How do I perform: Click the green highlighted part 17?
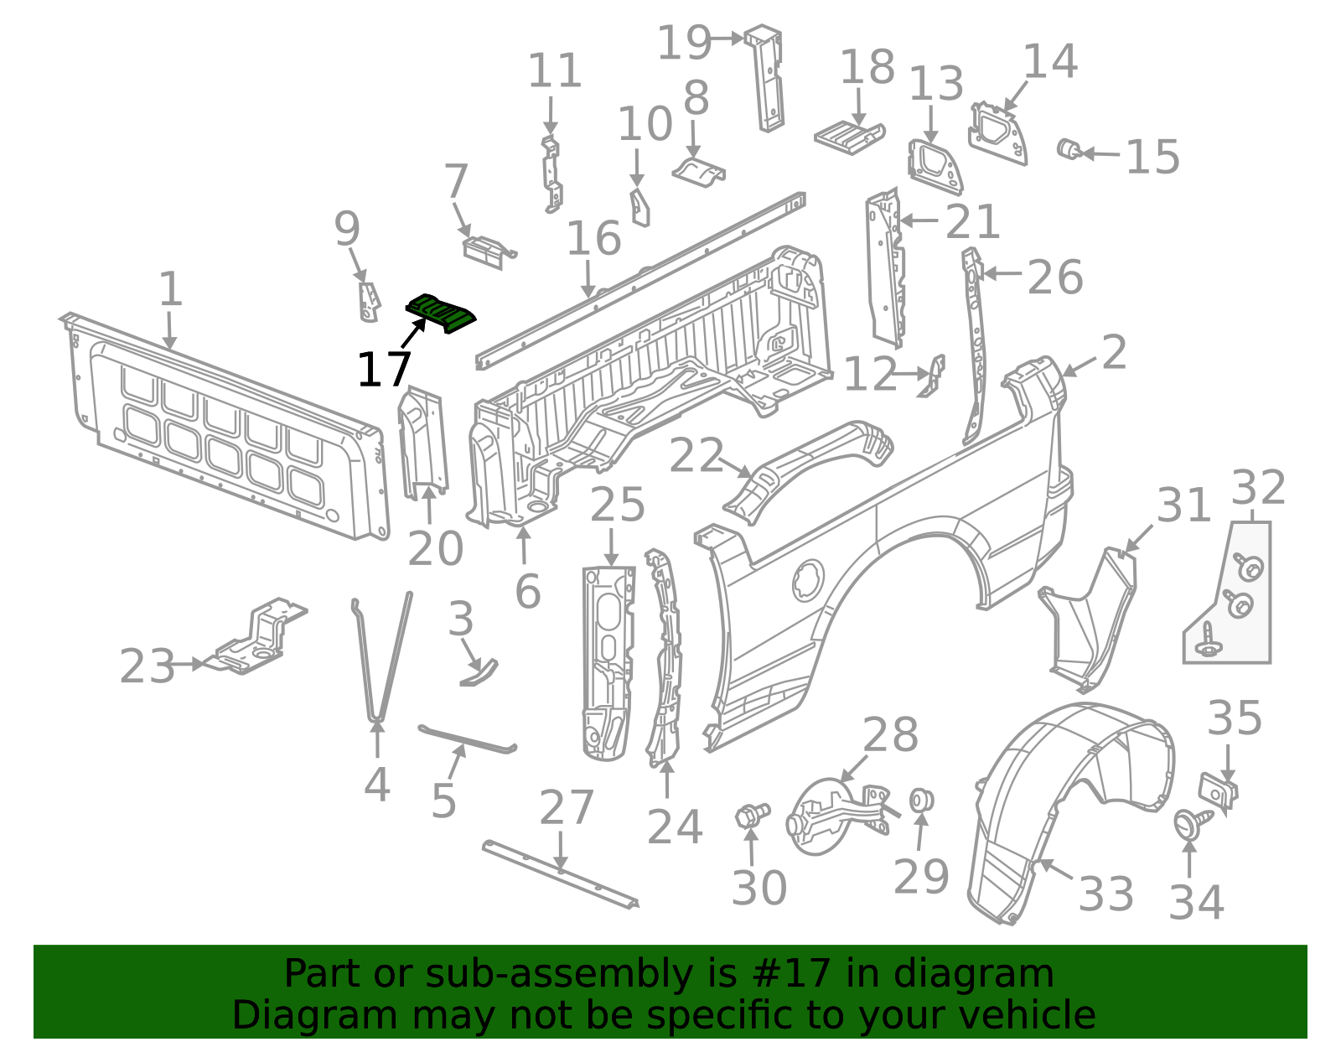point(440,313)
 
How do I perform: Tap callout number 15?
point(1152,157)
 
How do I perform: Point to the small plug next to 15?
point(1069,149)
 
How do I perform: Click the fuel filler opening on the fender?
point(808,580)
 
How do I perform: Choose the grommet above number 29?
point(921,801)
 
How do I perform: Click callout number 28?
point(890,734)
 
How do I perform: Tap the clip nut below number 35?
point(1218,791)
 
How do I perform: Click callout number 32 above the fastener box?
point(1258,487)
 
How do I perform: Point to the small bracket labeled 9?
point(369,302)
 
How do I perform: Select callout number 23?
point(147,666)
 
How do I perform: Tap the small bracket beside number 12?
point(933,376)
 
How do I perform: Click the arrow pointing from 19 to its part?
point(727,39)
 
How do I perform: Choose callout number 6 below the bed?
point(528,591)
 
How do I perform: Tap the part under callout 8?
point(699,170)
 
